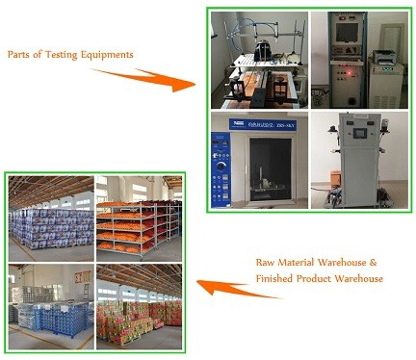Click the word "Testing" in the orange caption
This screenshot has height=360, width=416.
pyautogui.click(x=62, y=55)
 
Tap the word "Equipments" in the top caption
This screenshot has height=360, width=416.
pyautogui.click(x=107, y=55)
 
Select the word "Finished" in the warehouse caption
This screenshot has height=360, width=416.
pyautogui.click(x=274, y=278)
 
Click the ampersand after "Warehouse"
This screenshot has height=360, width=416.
pyautogui.click(x=373, y=263)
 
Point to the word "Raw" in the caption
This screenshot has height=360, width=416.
pyautogui.click(x=265, y=263)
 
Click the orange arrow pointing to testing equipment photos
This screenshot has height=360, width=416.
pyautogui.click(x=143, y=80)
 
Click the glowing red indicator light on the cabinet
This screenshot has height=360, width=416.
pyautogui.click(x=349, y=74)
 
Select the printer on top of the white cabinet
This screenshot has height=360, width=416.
pyautogui.click(x=384, y=57)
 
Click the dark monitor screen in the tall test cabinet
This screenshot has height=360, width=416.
pyautogui.click(x=347, y=33)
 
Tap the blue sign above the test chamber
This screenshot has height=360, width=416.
pyautogui.click(x=263, y=124)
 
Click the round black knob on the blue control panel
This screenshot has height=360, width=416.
pyautogui.click(x=221, y=166)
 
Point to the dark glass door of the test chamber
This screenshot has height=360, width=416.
pyautogui.click(x=271, y=169)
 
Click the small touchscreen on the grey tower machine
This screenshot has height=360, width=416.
pyautogui.click(x=360, y=133)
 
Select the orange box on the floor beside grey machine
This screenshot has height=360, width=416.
pyautogui.click(x=335, y=178)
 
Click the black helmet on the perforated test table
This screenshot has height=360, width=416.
pyautogui.click(x=264, y=51)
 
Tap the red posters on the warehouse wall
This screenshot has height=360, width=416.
pyautogui.click(x=83, y=276)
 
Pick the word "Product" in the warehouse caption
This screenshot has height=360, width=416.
pyautogui.click(x=313, y=278)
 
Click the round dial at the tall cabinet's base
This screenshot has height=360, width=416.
pyautogui.click(x=352, y=101)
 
